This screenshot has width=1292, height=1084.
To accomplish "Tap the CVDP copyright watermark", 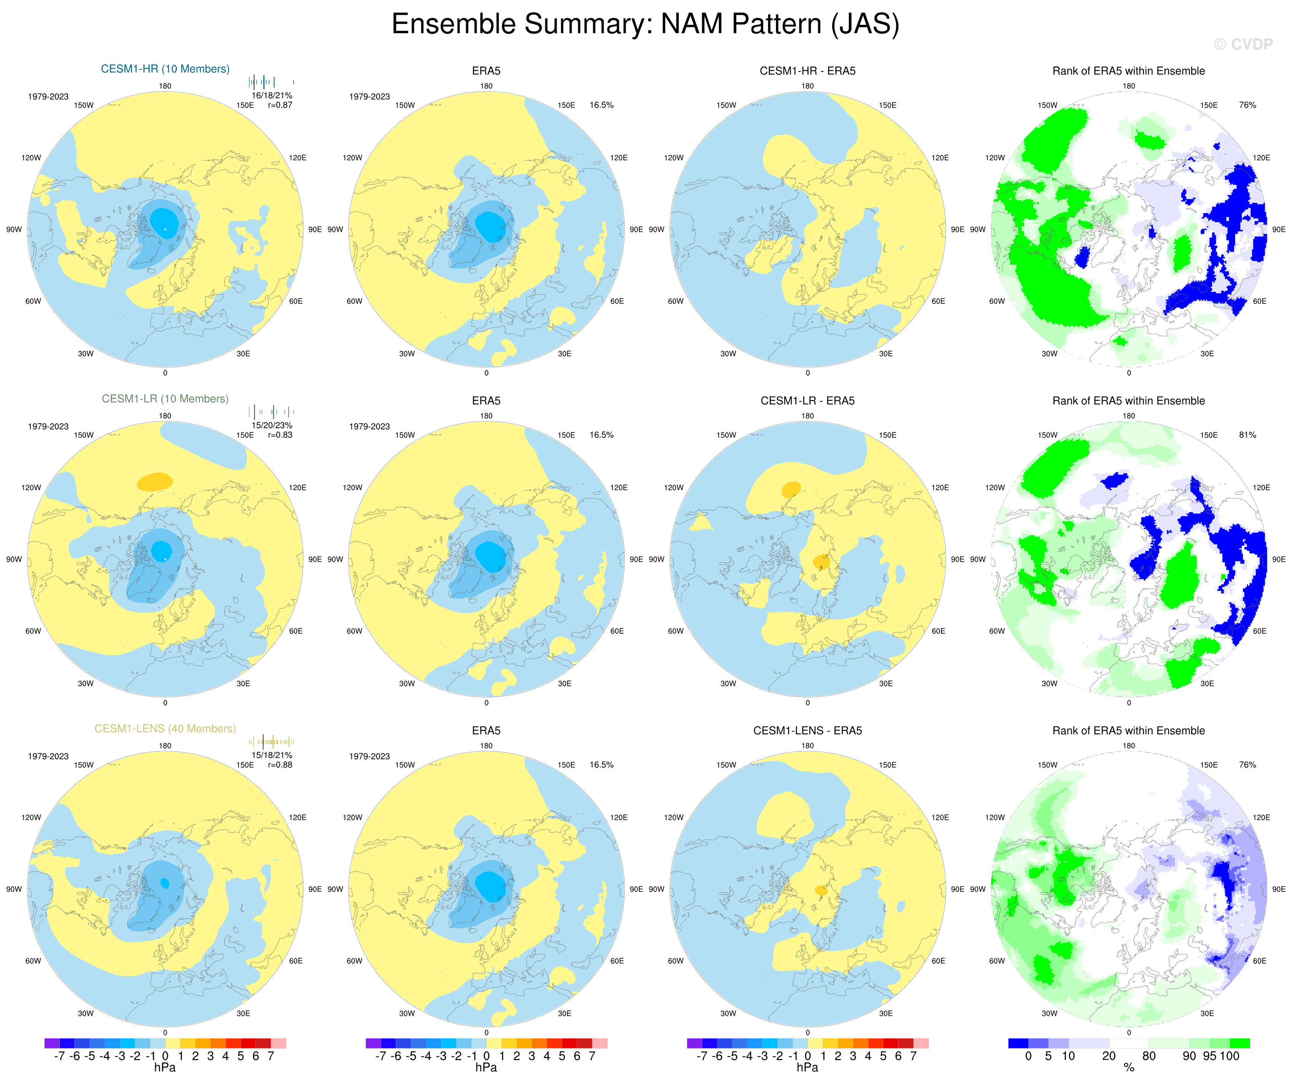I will click(x=1243, y=44).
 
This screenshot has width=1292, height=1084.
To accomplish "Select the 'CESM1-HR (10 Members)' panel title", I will click(x=165, y=69).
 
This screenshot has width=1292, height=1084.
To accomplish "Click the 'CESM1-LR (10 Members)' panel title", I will click(x=165, y=399).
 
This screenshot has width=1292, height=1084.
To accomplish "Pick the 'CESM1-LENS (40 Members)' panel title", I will click(x=165, y=729).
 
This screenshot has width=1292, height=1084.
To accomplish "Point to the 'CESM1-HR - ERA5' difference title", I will click(x=807, y=71).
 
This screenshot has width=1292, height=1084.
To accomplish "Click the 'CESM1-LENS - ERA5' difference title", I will click(x=807, y=730).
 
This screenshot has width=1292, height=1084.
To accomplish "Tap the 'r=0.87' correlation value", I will click(x=280, y=105).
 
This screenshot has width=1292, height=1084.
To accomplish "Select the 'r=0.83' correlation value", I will click(x=280, y=435).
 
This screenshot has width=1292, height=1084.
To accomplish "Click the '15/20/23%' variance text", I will click(x=272, y=426).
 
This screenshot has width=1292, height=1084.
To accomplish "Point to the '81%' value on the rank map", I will click(x=1247, y=435).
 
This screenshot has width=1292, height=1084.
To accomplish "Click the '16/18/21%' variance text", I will click(x=272, y=95).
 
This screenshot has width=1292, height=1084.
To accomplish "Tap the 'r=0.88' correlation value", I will click(x=280, y=765).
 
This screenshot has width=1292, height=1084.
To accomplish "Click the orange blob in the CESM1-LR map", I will click(x=155, y=481).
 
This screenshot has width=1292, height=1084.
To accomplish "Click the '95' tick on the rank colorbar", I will click(x=1209, y=1056).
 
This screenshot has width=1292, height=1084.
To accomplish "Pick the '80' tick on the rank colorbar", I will click(x=1149, y=1056).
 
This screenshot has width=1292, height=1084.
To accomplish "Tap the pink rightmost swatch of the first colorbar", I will click(x=278, y=1043).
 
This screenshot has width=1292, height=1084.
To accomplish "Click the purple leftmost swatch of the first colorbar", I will click(x=52, y=1043).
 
